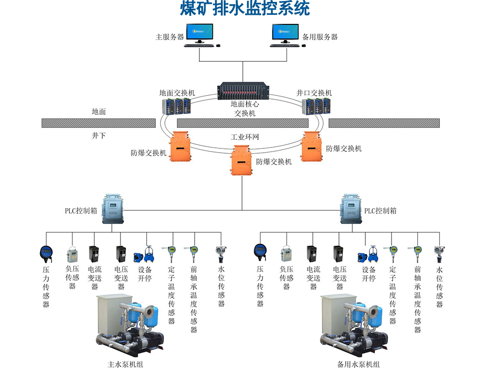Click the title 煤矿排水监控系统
click(x=245, y=9)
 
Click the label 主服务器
click(x=169, y=37)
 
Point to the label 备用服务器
click(x=320, y=37)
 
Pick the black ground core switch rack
click(x=243, y=91)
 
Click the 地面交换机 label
click(x=177, y=93)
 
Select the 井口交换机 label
click(x=314, y=93)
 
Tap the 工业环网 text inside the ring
click(x=245, y=137)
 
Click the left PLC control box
click(x=113, y=209)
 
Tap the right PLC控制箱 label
click(x=380, y=211)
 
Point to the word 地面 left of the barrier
click(x=99, y=112)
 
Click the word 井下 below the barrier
click(x=99, y=136)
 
